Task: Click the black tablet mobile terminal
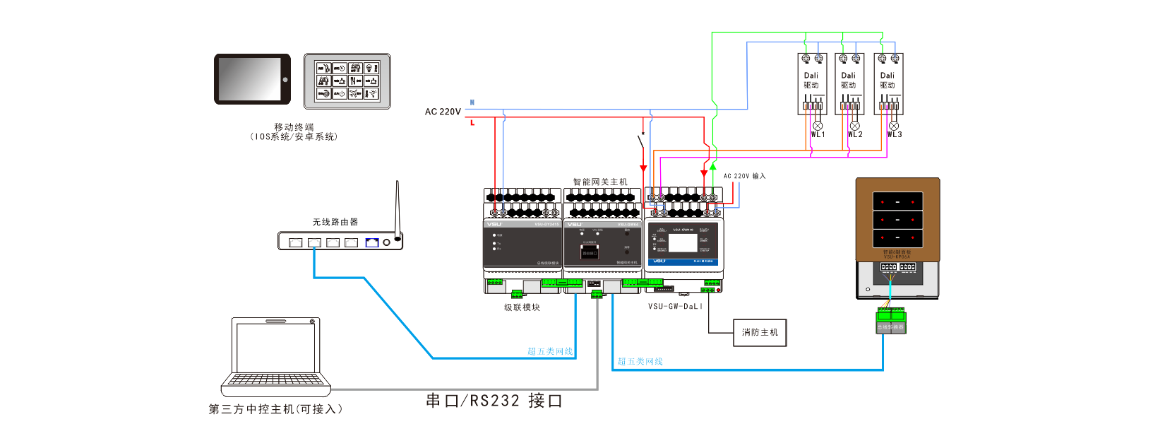(252, 79)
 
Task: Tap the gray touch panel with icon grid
(347, 81)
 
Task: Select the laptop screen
(275, 346)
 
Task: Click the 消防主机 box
(760, 332)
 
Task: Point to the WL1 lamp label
(818, 134)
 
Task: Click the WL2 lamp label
(856, 134)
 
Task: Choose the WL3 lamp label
(895, 134)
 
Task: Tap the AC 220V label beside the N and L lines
(443, 112)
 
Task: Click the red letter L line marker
(472, 123)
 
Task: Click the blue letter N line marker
(472, 102)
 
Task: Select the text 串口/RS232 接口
(494, 401)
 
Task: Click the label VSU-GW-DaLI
(675, 307)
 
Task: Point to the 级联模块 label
(522, 307)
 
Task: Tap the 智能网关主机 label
(600, 182)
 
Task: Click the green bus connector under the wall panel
(891, 322)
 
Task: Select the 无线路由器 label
(335, 222)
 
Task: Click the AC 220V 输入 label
(744, 176)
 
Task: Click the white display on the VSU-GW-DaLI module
(683, 243)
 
